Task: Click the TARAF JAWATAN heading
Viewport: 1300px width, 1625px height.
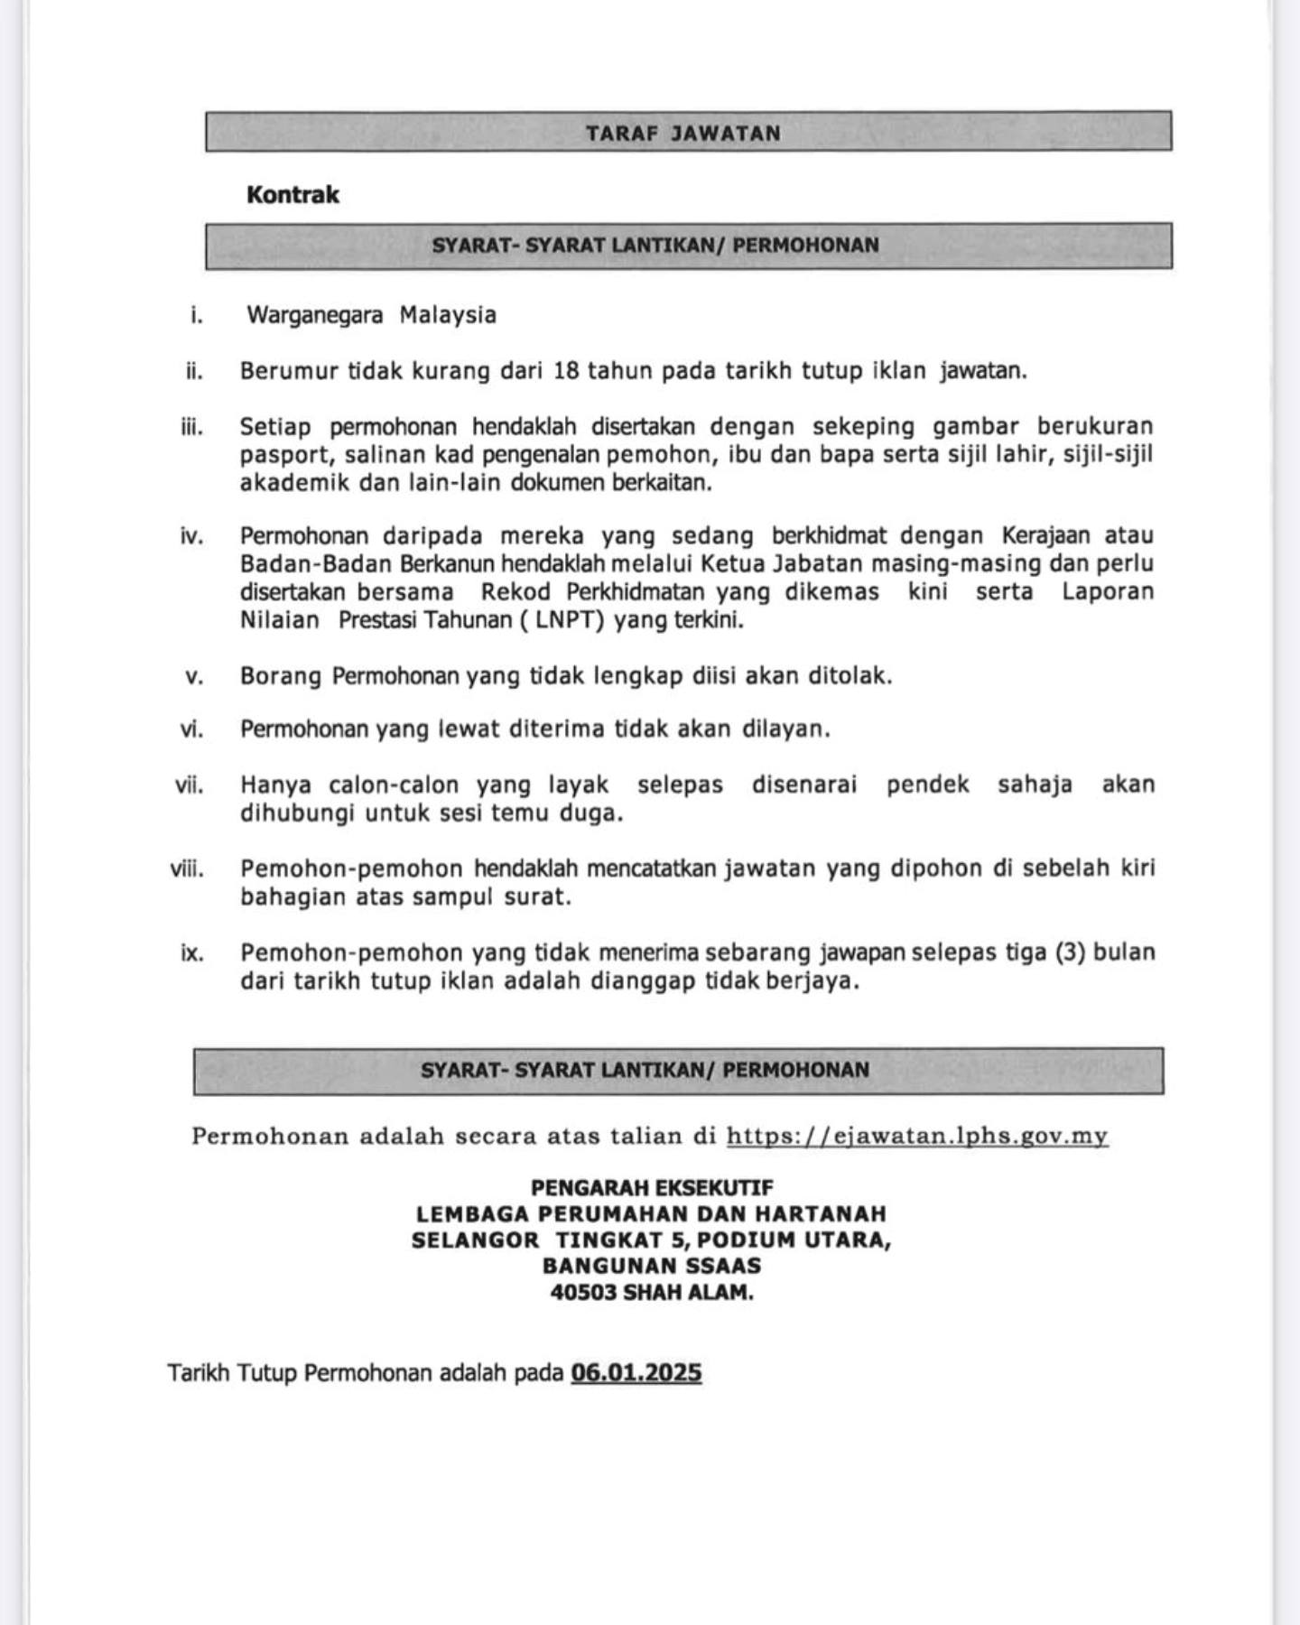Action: pyautogui.click(x=682, y=134)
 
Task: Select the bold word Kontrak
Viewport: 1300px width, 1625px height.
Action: pyautogui.click(x=292, y=195)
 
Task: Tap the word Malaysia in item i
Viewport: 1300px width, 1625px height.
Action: pyautogui.click(x=448, y=315)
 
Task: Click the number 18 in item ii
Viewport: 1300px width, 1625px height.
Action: pyautogui.click(x=566, y=371)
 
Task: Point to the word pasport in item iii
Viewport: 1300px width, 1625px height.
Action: pyautogui.click(x=287, y=455)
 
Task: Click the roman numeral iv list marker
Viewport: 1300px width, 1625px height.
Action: pyautogui.click(x=192, y=536)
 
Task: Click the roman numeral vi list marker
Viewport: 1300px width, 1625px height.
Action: pyautogui.click(x=191, y=729)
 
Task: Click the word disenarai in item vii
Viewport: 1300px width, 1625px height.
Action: pyautogui.click(x=803, y=785)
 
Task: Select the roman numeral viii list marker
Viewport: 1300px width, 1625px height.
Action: pyautogui.click(x=187, y=869)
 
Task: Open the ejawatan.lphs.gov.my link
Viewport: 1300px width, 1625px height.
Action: pyautogui.click(x=917, y=1136)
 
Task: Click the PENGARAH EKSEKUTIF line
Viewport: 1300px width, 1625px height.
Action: pyautogui.click(x=652, y=1188)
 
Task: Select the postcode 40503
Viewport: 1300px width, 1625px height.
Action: pyautogui.click(x=582, y=1293)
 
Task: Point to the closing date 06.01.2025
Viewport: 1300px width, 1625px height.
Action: pyautogui.click(x=636, y=1373)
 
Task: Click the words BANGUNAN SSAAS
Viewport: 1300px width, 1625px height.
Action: pyautogui.click(x=652, y=1266)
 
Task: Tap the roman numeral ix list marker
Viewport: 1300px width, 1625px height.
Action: pyautogui.click(x=192, y=952)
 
